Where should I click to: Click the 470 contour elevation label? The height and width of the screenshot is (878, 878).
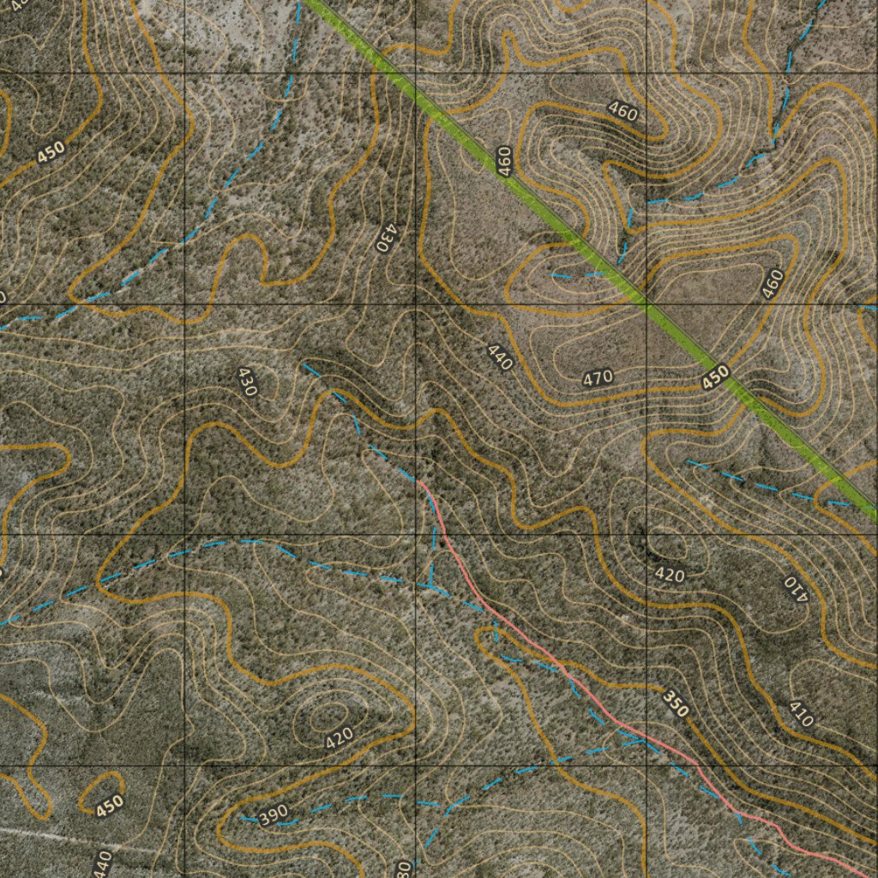pos(598,376)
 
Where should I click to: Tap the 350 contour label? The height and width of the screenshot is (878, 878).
pos(676,703)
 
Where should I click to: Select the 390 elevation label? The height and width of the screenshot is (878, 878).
pos(273,815)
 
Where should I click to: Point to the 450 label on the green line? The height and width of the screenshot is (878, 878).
pos(715,376)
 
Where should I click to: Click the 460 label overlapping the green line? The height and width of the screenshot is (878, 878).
pos(505,161)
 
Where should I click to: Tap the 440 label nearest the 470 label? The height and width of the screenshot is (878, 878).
pos(499,357)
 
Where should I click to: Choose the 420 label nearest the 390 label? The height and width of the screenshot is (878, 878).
pos(340,737)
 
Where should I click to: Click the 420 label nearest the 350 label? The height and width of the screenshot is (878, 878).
pos(670,574)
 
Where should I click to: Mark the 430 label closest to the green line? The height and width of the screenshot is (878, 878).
pos(388,237)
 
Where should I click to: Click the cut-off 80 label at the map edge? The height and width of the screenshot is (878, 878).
pos(403,868)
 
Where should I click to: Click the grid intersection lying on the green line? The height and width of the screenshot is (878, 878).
pos(646,304)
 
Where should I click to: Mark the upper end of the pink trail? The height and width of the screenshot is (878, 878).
pos(419,481)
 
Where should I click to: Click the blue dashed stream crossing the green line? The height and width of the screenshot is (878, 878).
pos(600,275)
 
